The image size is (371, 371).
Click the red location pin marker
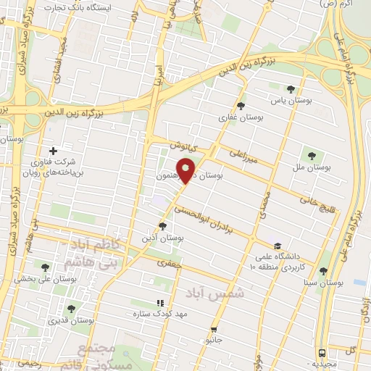pos(186,170)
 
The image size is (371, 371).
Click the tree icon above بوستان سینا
pos(323,271)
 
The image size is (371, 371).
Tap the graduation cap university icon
pos(278,246)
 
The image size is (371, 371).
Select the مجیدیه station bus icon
pos(322,353)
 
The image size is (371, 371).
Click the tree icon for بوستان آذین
pos(162,226)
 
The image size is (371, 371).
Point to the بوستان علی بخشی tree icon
pos(46,267)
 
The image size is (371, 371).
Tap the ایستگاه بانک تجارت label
pos(70,7)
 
